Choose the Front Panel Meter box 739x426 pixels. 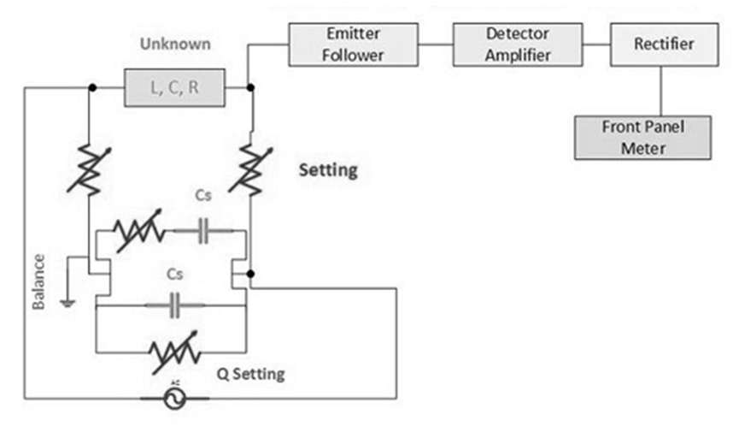[x=642, y=138]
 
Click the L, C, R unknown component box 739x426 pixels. [x=174, y=88]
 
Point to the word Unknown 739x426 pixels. [x=174, y=43]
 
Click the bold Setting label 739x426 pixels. [x=327, y=170]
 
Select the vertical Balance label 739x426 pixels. [x=39, y=282]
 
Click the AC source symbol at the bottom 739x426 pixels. [x=175, y=399]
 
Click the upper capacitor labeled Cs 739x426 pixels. [x=202, y=231]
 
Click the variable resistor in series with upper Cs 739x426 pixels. [x=139, y=231]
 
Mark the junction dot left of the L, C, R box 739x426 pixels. [x=90, y=87]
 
